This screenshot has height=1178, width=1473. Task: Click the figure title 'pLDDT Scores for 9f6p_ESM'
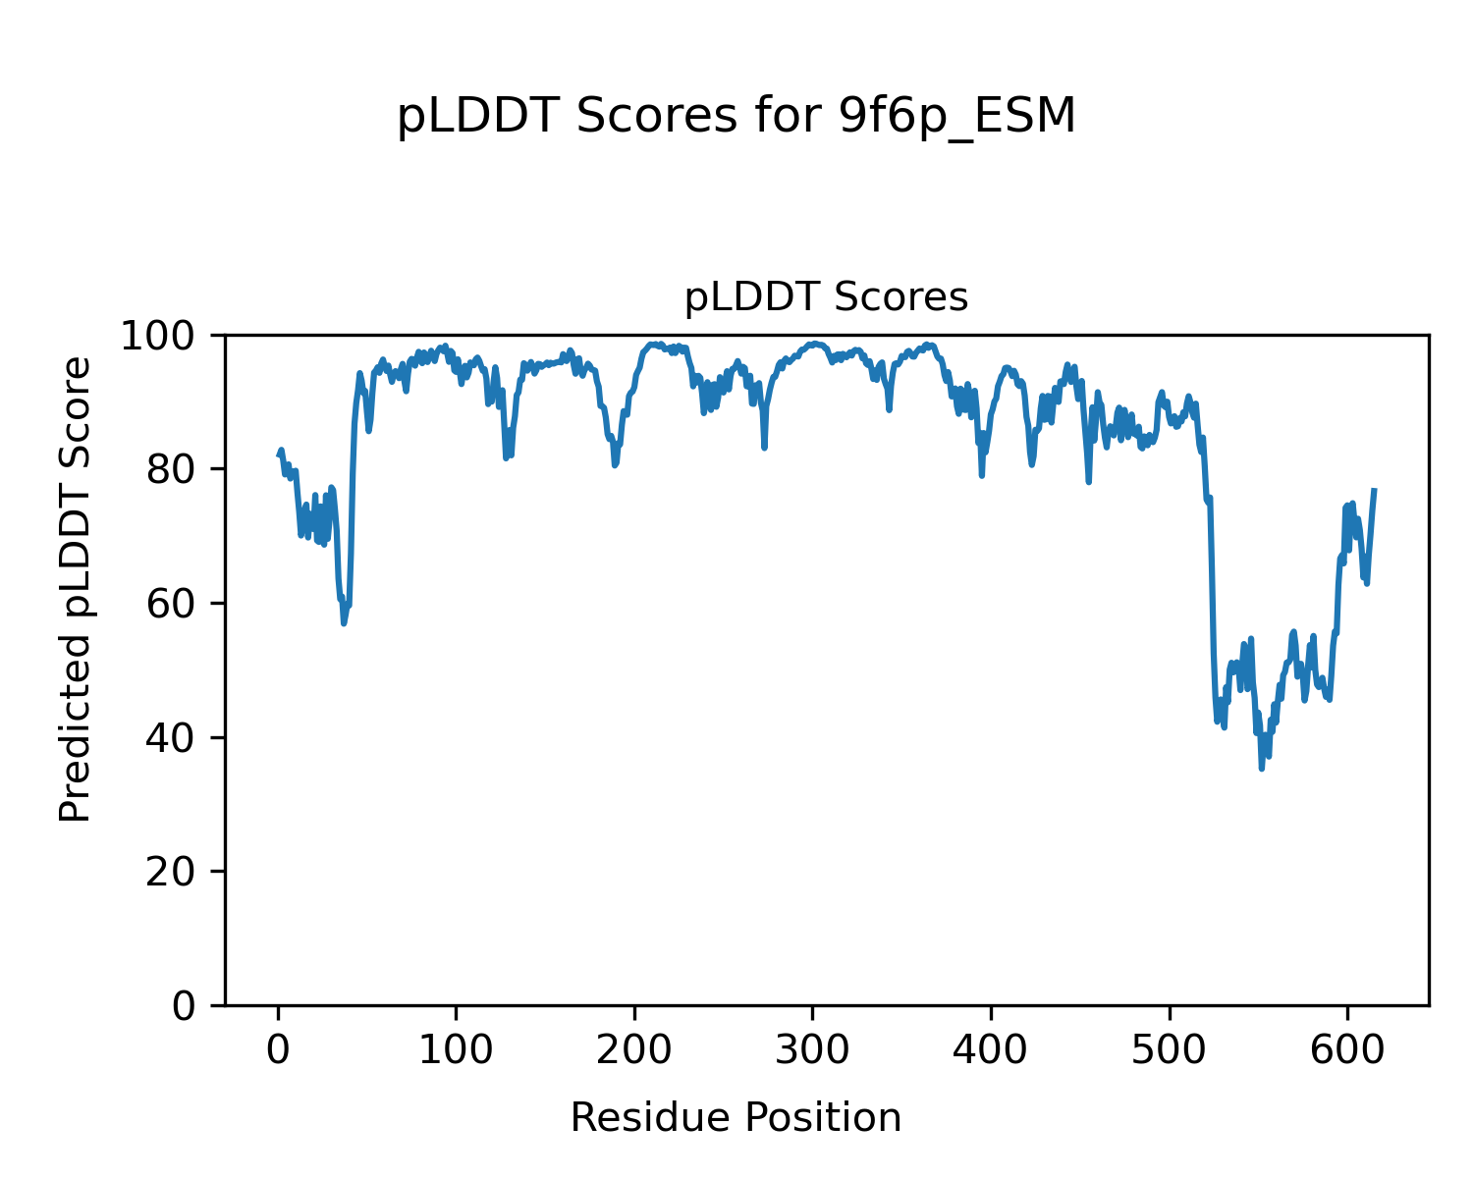736,117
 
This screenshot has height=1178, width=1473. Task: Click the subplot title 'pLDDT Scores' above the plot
826,297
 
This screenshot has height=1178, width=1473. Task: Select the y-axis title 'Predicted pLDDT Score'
76,589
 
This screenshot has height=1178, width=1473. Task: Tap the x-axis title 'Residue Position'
736,1118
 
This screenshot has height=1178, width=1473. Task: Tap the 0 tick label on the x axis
278,1050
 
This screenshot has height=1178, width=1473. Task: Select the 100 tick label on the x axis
456,1050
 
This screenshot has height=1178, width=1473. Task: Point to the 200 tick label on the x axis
634,1050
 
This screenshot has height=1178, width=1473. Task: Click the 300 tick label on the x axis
812,1050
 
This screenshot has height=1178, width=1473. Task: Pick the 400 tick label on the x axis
991,1050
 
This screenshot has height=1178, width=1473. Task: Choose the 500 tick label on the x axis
1169,1050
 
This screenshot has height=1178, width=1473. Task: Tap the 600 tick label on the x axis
1347,1050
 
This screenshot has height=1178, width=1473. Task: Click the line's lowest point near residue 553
1262,768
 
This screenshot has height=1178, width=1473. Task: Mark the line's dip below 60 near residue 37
344,622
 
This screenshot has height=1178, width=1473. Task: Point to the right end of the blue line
1375,489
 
